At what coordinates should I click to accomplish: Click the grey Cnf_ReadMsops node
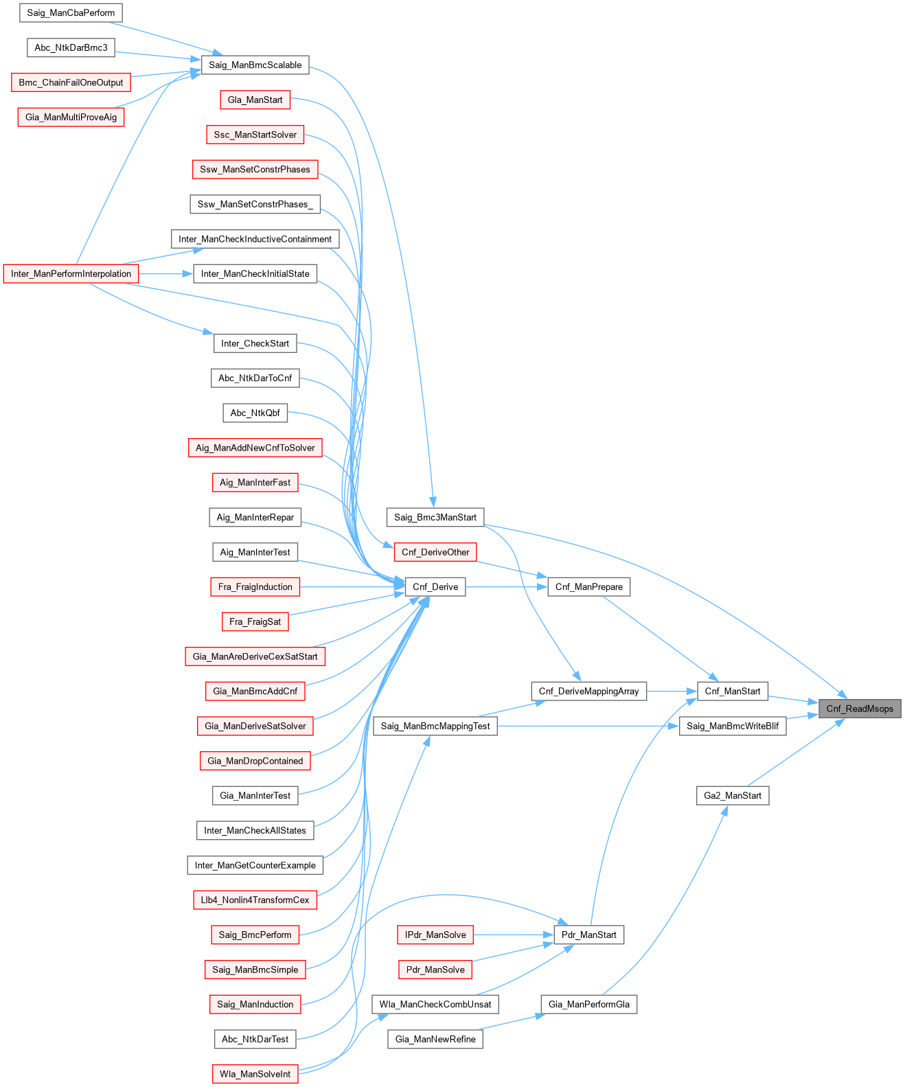tap(860, 709)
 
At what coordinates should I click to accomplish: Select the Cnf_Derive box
tap(435, 587)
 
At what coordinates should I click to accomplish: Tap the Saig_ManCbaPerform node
tap(71, 13)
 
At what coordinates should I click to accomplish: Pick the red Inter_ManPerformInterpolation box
tap(71, 274)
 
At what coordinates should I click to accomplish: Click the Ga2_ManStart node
tap(733, 796)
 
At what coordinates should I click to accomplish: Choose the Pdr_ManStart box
tap(589, 935)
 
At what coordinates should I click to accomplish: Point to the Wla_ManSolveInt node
tap(255, 1074)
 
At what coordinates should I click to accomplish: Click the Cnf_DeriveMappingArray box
tap(589, 691)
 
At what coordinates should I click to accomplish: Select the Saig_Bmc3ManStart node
tap(435, 517)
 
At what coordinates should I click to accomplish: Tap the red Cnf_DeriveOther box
tap(435, 552)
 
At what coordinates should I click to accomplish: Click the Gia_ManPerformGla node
tap(589, 1005)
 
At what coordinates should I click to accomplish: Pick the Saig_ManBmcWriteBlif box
tap(733, 726)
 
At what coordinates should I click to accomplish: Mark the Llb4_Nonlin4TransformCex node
tap(255, 900)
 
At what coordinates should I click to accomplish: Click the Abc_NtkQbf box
tap(255, 413)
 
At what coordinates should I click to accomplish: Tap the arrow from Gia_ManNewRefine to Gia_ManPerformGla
tap(512, 1022)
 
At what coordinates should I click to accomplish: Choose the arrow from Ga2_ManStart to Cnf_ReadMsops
tap(797, 753)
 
